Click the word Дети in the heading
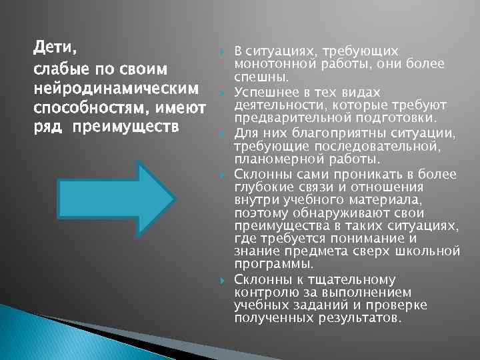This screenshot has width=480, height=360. coord(55,49)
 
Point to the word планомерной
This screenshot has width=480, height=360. coord(273,159)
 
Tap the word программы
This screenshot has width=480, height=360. coord(265,264)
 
